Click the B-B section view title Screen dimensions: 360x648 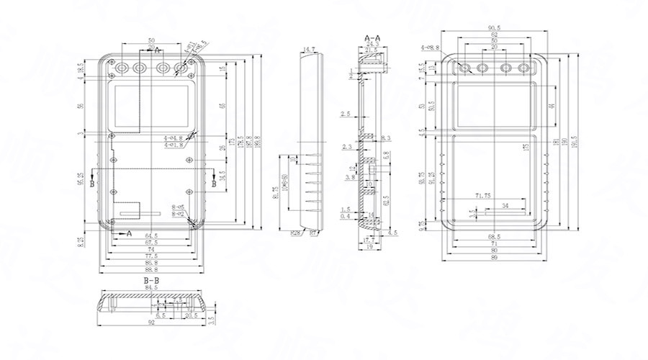tap(151, 279)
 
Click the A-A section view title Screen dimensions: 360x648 tap(373, 36)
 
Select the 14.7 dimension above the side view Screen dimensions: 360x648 tap(310, 50)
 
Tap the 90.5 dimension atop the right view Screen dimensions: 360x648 tap(494, 28)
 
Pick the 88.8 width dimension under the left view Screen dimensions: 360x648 tap(152, 269)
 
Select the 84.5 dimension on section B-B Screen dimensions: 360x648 tap(151, 287)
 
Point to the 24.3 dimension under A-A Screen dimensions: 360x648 tap(373, 44)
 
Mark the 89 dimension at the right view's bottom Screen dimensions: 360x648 tap(494, 258)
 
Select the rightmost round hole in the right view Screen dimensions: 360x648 tap(526, 68)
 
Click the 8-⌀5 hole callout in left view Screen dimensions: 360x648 tap(179, 207)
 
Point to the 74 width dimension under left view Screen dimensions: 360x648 tap(152, 249)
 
